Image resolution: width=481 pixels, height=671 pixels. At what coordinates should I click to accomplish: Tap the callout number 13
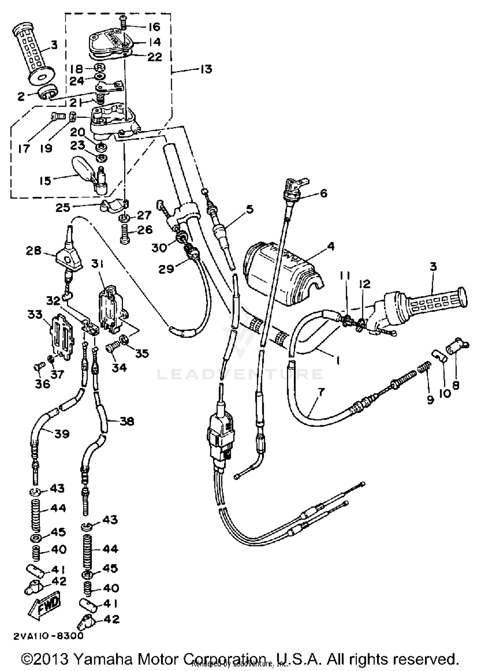(206, 69)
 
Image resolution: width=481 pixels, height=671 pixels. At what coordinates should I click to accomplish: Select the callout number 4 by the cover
(331, 246)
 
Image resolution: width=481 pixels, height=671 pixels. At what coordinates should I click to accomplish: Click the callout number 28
(34, 251)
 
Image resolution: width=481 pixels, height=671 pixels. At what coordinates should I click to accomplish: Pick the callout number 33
(35, 314)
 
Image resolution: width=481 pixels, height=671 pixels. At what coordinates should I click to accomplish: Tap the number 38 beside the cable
(126, 421)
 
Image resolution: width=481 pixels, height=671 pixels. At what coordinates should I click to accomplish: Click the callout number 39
(62, 434)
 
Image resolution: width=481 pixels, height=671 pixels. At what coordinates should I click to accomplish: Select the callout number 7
(321, 392)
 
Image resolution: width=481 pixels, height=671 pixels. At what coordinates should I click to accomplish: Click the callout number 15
(45, 181)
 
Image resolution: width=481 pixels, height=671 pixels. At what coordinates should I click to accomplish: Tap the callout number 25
(63, 208)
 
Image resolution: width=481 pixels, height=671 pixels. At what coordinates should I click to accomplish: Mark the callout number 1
(337, 361)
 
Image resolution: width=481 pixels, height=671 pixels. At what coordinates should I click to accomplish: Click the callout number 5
(249, 209)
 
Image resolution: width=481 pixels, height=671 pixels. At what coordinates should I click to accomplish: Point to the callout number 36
(43, 383)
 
